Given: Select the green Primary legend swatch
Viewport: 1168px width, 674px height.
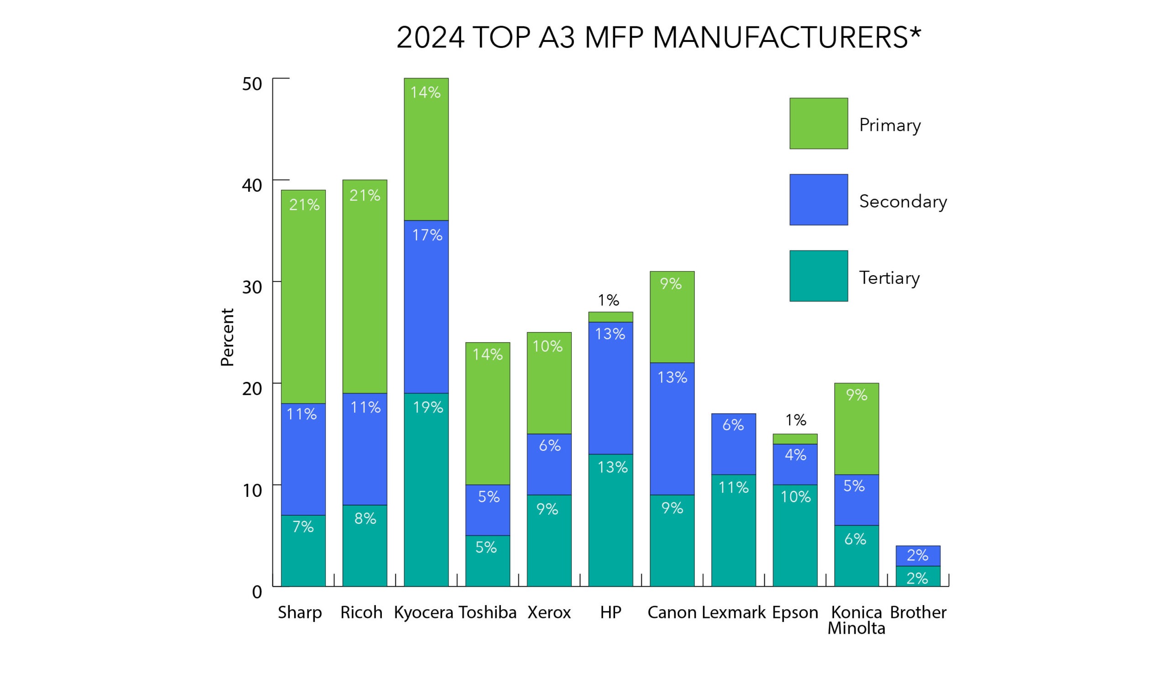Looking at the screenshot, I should coord(818,124).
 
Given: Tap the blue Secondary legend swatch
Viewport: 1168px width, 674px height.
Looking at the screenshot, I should coord(818,199).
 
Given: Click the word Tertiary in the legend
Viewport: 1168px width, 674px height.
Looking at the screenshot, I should coord(889,278).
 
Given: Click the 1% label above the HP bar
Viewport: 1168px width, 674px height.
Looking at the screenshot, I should coord(608,300).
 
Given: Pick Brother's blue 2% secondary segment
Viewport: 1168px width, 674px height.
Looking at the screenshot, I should coord(917,555).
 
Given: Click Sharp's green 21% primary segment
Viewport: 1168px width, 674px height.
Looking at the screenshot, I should coord(303,296).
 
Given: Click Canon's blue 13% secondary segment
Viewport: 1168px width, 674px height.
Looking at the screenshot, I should coord(672,428).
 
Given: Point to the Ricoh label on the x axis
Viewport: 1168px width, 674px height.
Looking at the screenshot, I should coord(361,612).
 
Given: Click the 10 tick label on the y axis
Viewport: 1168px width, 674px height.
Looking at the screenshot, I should coord(252,490).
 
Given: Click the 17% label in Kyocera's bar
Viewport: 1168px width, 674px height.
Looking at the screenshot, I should coord(427,235).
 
